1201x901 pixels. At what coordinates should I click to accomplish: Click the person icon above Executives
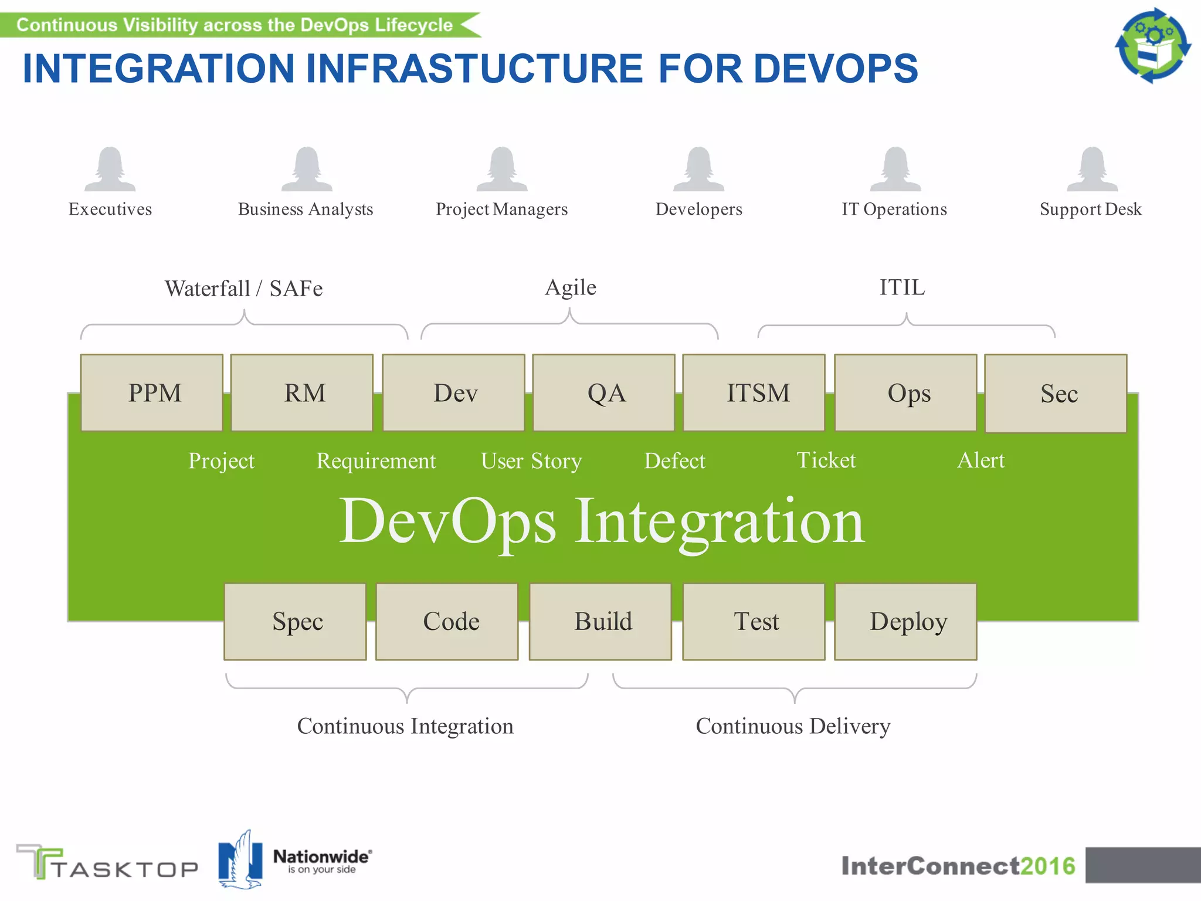(x=110, y=170)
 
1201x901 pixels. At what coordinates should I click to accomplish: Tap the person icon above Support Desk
(x=1092, y=170)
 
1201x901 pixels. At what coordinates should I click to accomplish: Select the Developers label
(x=698, y=209)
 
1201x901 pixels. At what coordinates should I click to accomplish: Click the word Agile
(x=570, y=287)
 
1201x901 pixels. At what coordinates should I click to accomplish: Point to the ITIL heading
(x=902, y=287)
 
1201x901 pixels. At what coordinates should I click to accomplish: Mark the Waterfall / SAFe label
(x=243, y=289)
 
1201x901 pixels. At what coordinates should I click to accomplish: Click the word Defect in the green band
(x=674, y=461)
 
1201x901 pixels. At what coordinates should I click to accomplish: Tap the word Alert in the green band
(x=981, y=460)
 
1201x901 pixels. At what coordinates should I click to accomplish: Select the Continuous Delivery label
(x=793, y=726)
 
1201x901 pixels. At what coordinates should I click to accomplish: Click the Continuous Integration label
(x=405, y=726)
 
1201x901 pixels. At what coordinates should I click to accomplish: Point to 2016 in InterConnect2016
(x=1048, y=866)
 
